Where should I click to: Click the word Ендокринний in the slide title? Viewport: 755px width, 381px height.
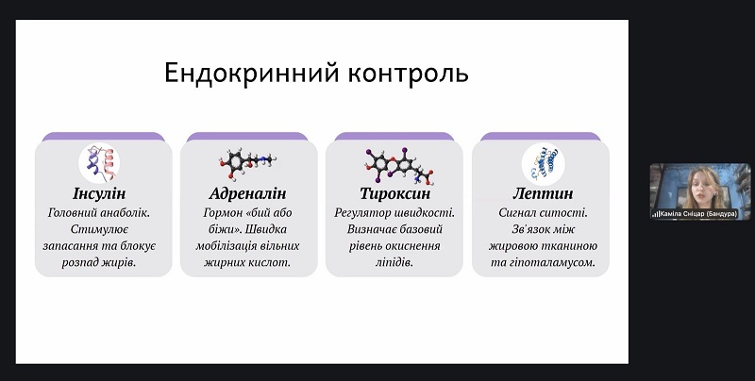click(x=251, y=74)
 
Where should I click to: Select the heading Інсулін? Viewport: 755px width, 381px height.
click(x=99, y=193)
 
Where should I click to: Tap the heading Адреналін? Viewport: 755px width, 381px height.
click(x=247, y=193)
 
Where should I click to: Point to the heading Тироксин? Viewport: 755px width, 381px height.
click(x=394, y=193)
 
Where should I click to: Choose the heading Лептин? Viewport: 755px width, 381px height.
click(x=543, y=193)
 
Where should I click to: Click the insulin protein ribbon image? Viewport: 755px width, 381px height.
click(x=99, y=162)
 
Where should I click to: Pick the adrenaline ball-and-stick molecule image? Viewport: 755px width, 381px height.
click(x=247, y=163)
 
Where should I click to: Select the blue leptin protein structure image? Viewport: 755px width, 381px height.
click(x=544, y=163)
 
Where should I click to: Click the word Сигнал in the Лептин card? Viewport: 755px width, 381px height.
click(x=516, y=213)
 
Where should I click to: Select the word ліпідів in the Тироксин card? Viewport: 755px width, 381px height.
click(x=394, y=263)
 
